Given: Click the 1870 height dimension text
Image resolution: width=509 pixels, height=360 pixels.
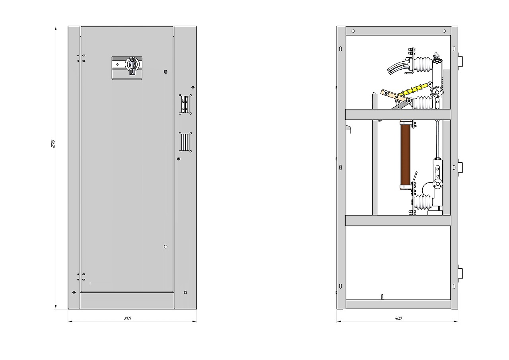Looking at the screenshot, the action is pyautogui.click(x=53, y=144).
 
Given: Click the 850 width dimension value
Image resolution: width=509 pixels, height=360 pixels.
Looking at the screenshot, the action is pyautogui.click(x=128, y=318).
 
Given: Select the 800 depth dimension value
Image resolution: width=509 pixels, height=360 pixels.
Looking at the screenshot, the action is pyautogui.click(x=398, y=318).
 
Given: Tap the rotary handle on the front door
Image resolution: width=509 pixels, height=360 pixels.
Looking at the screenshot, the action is pyautogui.click(x=132, y=65).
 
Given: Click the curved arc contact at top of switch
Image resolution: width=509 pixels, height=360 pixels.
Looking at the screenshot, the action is pyautogui.click(x=396, y=68).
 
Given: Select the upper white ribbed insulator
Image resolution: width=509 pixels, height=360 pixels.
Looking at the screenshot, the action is pyautogui.click(x=423, y=64).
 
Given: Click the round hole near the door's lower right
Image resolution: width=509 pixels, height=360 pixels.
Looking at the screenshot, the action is pyautogui.click(x=165, y=247).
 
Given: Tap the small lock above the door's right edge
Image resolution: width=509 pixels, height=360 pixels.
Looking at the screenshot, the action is pyautogui.click(x=165, y=72).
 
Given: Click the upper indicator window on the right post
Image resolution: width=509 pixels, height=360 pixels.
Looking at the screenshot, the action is pyautogui.click(x=185, y=104).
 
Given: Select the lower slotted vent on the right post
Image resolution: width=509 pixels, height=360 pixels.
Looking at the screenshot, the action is pyautogui.click(x=185, y=142).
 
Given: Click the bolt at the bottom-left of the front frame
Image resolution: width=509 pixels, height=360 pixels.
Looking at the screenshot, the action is pyautogui.click(x=74, y=292).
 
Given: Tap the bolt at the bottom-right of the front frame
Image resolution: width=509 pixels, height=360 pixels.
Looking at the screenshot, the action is pyautogui.click(x=185, y=292).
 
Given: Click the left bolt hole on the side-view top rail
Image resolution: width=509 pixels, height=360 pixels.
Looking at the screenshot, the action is pyautogui.click(x=353, y=31).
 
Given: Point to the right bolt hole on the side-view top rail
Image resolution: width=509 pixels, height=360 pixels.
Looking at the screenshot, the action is pyautogui.click(x=444, y=31).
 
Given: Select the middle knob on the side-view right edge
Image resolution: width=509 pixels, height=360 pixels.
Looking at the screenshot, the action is pyautogui.click(x=460, y=167).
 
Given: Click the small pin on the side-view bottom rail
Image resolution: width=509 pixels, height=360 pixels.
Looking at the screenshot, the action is pyautogui.click(x=382, y=297).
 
